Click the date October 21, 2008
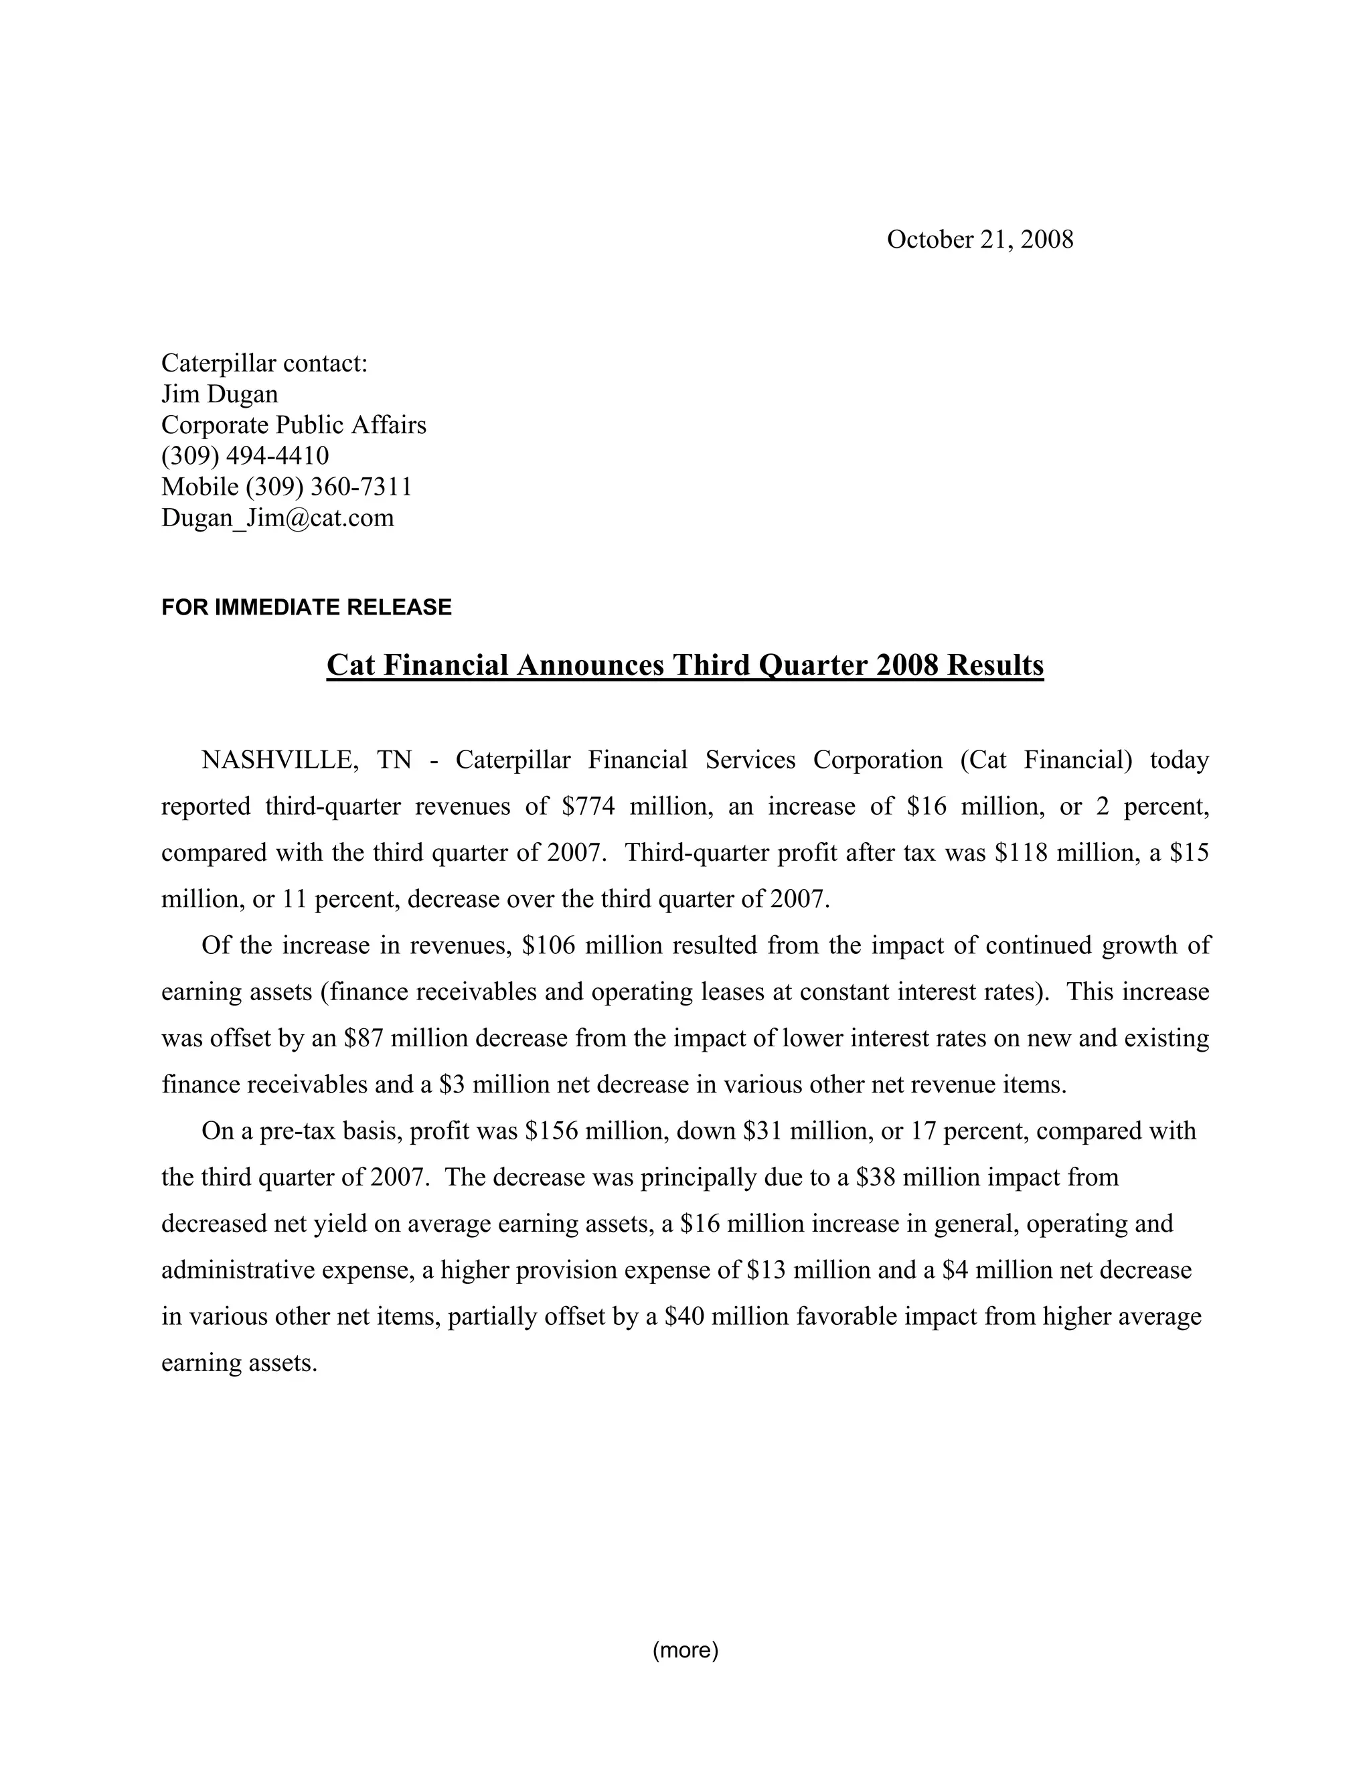pos(979,240)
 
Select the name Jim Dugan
pos(220,394)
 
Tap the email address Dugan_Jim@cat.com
pos(277,517)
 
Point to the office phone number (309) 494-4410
pos(244,456)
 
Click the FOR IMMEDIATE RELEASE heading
pos(306,608)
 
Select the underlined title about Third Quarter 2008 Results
pos(685,665)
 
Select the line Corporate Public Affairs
pos(293,425)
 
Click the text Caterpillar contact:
pos(265,363)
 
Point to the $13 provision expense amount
pos(766,1269)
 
